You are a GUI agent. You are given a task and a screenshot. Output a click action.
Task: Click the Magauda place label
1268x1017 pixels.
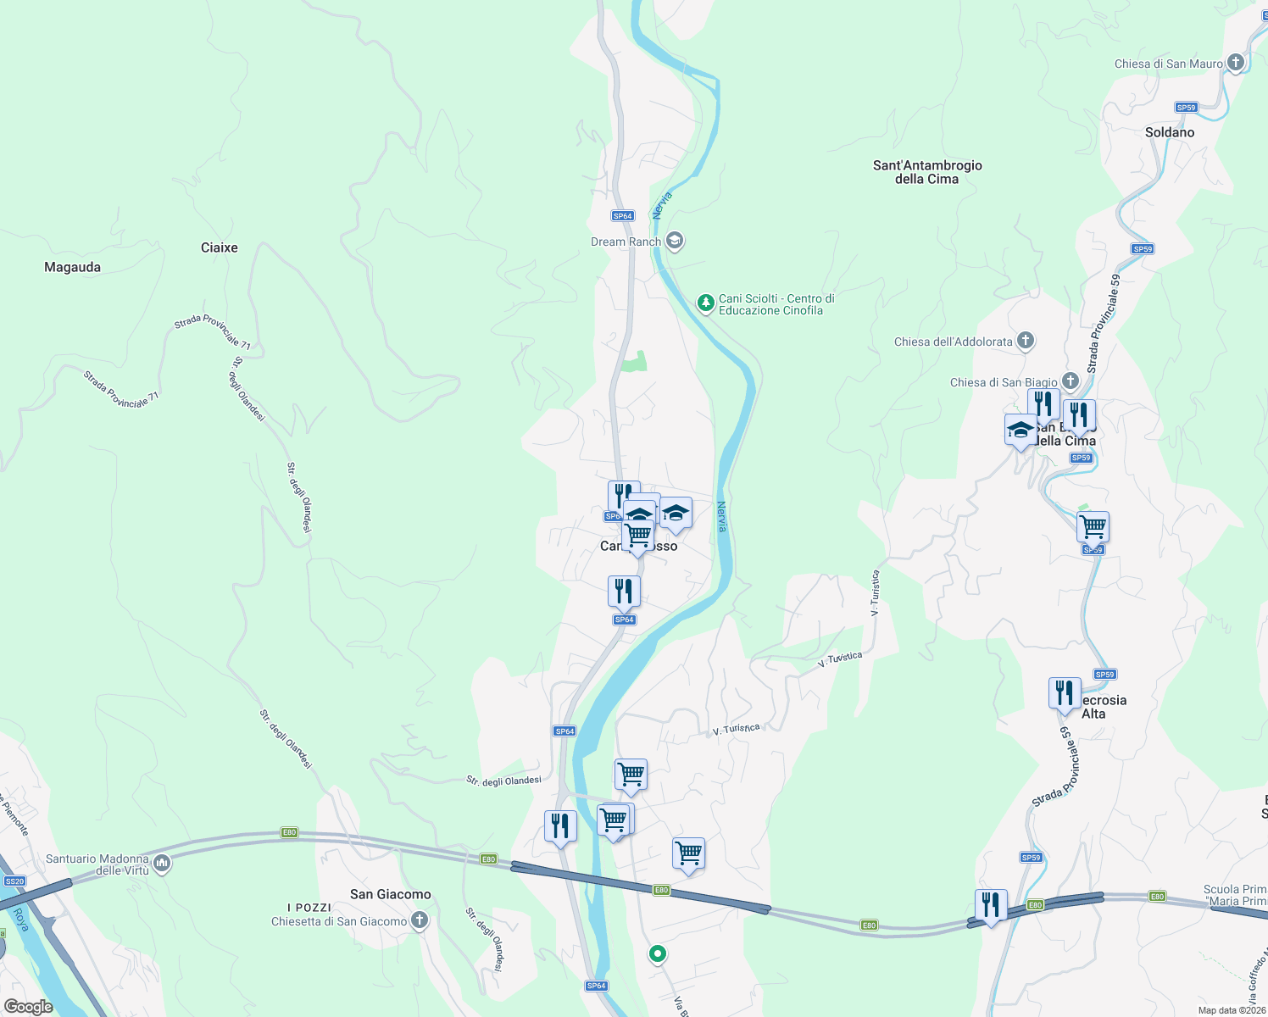tap(72, 267)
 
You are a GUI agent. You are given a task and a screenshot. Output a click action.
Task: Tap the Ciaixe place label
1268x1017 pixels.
tap(219, 247)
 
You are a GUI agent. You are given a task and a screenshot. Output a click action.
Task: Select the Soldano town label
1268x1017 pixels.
tap(1169, 132)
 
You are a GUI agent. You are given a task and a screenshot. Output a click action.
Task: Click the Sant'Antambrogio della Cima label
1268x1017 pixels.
tap(927, 172)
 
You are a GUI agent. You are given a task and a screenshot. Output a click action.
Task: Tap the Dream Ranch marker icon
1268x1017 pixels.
tap(675, 242)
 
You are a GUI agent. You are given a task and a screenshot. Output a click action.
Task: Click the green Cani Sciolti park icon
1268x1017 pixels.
tap(705, 303)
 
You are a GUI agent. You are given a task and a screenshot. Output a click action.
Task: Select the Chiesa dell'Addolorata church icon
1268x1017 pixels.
tap(1026, 341)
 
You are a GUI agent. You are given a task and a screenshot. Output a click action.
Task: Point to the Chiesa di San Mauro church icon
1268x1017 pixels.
tap(1236, 63)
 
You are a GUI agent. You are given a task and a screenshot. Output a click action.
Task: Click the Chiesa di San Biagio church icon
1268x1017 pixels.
tap(1071, 381)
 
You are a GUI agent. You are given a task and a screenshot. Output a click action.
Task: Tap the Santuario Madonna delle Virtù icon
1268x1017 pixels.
tap(162, 864)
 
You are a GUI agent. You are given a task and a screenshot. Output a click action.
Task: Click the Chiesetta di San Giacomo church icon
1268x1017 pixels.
tap(419, 920)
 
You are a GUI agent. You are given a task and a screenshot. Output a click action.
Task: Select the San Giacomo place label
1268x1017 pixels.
tap(390, 894)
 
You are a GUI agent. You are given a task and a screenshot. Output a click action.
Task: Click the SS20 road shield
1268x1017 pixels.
tap(14, 881)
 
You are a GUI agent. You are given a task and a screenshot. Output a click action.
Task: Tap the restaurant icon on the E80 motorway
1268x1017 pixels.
tap(990, 905)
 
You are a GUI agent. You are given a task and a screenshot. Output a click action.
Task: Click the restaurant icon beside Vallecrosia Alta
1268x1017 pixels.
tap(1064, 692)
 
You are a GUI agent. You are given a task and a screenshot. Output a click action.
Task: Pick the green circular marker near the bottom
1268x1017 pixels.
tap(657, 954)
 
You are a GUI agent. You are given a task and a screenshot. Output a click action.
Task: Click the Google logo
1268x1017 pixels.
tap(28, 1006)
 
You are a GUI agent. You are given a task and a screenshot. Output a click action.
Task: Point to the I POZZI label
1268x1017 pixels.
tap(309, 908)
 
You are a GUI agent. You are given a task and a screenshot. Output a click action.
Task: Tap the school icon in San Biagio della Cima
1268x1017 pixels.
tap(1021, 430)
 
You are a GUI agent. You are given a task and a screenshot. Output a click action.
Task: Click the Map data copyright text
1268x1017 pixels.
tap(1232, 1010)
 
